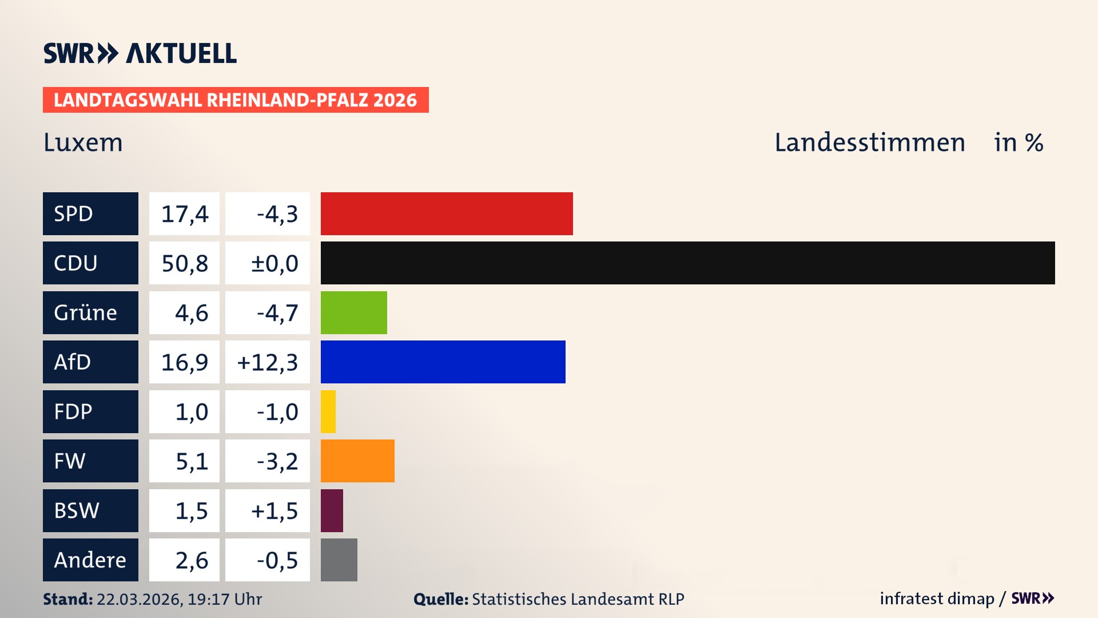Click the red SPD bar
(446, 213)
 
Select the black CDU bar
(687, 263)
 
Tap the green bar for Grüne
(353, 312)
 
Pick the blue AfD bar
(443, 362)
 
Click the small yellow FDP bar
(328, 411)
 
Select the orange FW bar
(357, 461)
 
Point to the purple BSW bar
(332, 510)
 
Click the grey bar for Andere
(339, 560)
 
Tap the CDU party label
(90, 263)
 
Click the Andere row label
(90, 560)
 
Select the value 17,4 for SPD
(184, 213)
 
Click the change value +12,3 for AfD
(267, 362)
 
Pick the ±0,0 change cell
(267, 263)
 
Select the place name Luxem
(83, 142)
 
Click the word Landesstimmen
(869, 142)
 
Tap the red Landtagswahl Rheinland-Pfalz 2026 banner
(236, 100)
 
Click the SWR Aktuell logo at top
(140, 53)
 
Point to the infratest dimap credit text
(937, 599)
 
